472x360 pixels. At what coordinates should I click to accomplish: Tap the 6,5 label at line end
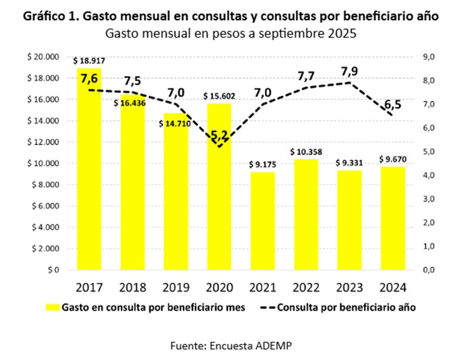point(390,106)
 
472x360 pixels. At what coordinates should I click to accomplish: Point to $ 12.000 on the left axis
point(43,142)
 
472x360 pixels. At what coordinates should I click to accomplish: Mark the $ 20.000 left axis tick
point(43,57)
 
